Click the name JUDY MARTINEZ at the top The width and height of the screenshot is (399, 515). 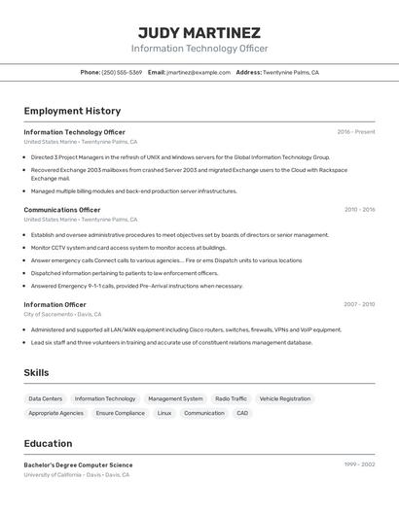(199, 32)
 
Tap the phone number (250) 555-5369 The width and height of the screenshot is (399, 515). (122, 72)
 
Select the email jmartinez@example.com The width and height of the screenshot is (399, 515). (199, 72)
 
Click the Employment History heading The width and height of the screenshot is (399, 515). (72, 111)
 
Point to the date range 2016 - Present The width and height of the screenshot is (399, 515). (356, 132)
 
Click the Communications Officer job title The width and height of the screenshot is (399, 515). (62, 209)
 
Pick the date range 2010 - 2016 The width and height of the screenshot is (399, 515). (359, 209)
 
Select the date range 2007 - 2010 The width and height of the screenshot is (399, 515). (358, 304)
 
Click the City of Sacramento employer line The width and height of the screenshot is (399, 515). (62, 315)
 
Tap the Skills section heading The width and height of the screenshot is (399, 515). (36, 372)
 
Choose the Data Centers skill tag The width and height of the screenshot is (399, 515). (46, 398)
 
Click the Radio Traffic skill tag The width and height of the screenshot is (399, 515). (231, 398)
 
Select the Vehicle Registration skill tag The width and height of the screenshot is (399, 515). (285, 398)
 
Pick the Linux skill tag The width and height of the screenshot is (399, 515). (164, 413)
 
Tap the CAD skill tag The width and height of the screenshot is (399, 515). (242, 413)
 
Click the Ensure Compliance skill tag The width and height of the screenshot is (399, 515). (121, 413)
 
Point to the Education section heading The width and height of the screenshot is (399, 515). (48, 443)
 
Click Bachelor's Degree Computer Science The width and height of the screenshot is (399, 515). (78, 465)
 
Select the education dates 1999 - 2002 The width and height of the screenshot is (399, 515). (359, 465)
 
